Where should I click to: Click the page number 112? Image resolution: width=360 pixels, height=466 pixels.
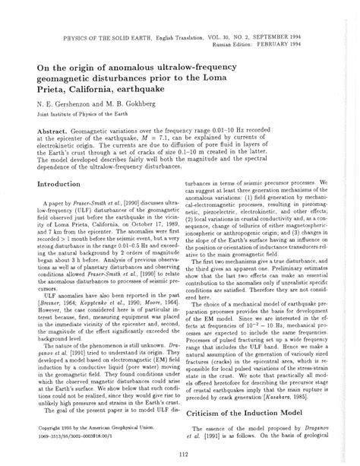180,455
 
